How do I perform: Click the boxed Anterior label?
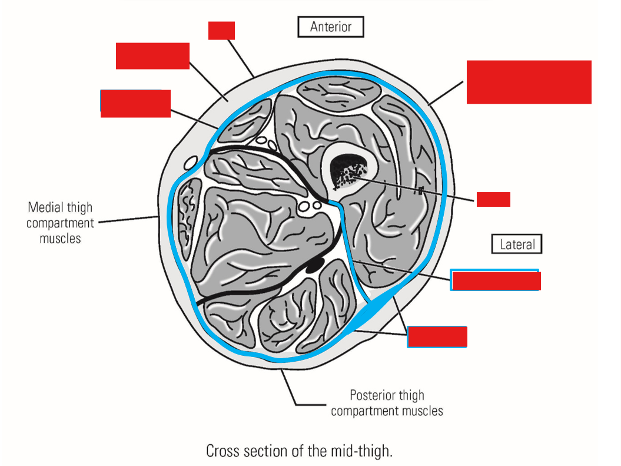point(331,27)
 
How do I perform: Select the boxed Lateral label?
point(517,244)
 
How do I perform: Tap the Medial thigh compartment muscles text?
point(59,223)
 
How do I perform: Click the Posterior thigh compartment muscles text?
point(387,403)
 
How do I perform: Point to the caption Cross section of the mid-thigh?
point(298,451)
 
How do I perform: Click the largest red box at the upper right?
point(529,82)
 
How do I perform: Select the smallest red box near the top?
point(221,31)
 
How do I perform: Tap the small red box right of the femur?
point(493,199)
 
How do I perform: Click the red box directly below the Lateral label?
point(495,280)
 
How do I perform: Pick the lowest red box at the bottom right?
point(437,336)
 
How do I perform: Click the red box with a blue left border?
point(135,104)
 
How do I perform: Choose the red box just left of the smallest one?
point(152,56)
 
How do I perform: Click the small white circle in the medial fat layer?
point(190,161)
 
